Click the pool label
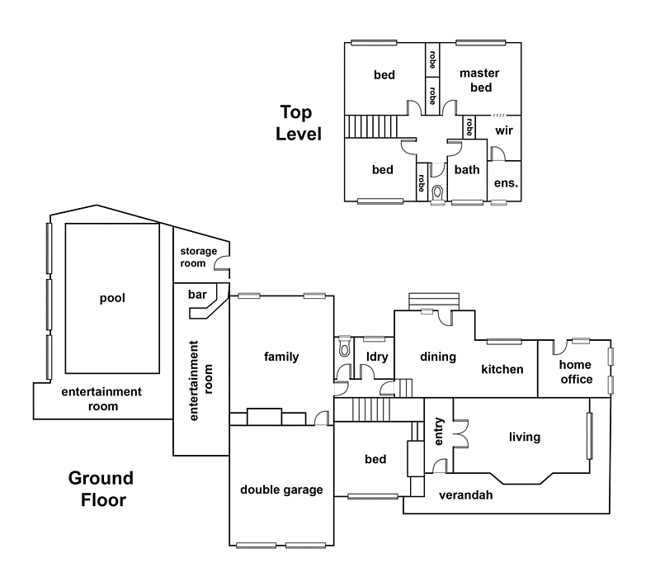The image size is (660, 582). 112,299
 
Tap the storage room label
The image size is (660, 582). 198,258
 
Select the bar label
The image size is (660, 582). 197,295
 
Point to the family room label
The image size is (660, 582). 281,357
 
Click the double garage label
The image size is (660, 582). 281,490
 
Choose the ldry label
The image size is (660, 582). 377,357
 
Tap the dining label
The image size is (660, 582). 438,357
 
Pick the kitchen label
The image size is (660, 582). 502,369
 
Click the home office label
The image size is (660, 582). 576,371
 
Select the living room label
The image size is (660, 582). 525,438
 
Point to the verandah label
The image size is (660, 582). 465,494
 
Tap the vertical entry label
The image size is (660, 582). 439,431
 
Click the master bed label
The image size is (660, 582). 479,80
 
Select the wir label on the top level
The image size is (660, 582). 504,130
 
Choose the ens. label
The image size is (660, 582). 506,183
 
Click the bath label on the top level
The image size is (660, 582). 467,170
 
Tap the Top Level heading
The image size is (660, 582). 299,123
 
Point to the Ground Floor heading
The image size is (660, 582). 101,489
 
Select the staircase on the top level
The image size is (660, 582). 370,127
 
